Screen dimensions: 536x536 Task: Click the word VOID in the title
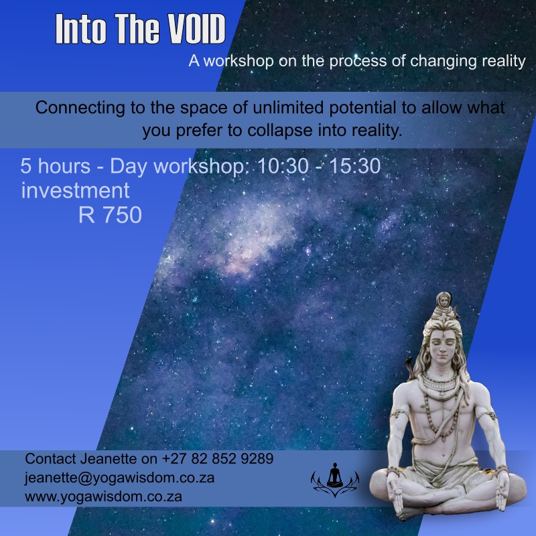pos(196,29)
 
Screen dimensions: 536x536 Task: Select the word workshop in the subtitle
pos(239,62)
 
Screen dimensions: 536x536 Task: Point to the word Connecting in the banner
pos(80,109)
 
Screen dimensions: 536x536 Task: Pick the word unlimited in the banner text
pos(289,108)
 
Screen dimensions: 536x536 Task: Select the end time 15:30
pos(355,166)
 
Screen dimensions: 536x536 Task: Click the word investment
pos(75,190)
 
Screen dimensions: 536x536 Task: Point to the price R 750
pos(110,214)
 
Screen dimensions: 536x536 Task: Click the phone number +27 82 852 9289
pos(218,459)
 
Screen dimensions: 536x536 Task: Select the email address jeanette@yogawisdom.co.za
pos(120,478)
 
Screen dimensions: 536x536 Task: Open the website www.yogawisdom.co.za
pos(103,496)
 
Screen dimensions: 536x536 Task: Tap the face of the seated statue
pos(443,344)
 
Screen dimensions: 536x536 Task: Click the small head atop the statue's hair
pos(444,301)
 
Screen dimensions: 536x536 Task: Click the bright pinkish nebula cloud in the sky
pos(253,239)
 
